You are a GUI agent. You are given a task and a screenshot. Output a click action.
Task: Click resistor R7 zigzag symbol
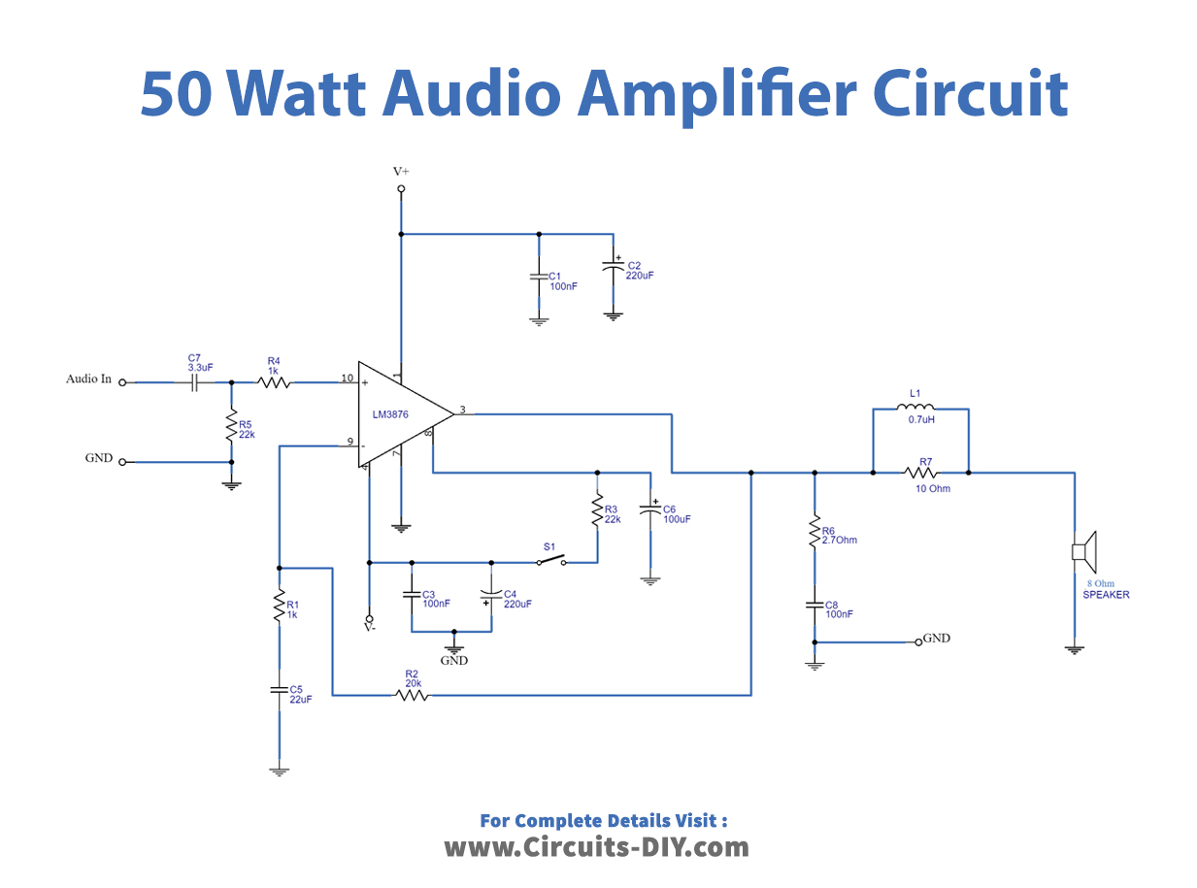coord(919,473)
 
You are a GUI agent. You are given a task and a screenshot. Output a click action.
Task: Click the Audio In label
coord(88,379)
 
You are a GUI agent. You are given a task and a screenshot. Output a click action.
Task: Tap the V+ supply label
coord(401,171)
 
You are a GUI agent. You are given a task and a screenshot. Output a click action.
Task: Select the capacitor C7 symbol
coord(194,382)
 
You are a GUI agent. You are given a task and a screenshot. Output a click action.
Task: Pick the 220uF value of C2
coord(640,276)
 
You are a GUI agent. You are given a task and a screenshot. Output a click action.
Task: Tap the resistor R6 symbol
coord(815,532)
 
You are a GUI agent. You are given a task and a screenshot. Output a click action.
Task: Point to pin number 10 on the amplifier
coord(347,378)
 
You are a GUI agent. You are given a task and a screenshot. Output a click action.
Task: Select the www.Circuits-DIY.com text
coord(597,847)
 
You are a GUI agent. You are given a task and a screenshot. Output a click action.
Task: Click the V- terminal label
coord(369,628)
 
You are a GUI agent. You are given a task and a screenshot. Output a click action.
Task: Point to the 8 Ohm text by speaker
coord(1099,584)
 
